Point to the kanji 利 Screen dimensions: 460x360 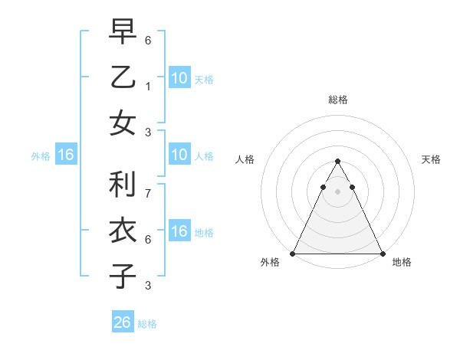(x=123, y=184)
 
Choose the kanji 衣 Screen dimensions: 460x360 (x=123, y=230)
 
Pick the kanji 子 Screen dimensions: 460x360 (x=123, y=276)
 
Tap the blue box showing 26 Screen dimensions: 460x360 (x=123, y=322)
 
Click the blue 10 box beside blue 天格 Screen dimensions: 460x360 (x=179, y=77)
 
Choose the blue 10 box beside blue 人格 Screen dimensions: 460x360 (x=179, y=155)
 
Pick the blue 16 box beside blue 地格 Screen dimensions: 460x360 (x=179, y=231)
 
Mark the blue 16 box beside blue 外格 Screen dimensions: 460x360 (x=66, y=155)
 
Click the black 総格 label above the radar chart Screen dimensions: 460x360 (x=337, y=100)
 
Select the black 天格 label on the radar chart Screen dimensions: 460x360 (x=431, y=159)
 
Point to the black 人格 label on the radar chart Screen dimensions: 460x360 (x=245, y=159)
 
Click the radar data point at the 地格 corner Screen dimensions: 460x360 (x=382, y=253)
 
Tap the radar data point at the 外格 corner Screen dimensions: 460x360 (x=293, y=253)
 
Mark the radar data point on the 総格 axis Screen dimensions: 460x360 (x=337, y=162)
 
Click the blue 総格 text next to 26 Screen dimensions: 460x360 (x=147, y=323)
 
